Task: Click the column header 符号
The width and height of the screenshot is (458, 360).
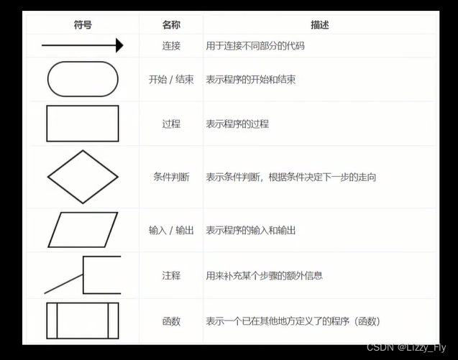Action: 83,25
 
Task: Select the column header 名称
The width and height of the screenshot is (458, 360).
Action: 171,25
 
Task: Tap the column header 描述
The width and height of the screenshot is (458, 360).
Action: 320,25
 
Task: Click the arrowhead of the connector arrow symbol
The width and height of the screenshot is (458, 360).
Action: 119,46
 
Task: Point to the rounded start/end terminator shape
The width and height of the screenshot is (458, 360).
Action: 83,79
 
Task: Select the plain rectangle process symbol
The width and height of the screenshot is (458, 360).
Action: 83,124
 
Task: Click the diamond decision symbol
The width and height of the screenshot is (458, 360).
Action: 83,177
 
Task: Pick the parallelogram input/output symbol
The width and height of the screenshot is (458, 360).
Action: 83,230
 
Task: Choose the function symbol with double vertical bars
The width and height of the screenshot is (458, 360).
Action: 83,320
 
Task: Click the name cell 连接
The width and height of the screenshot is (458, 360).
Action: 171,46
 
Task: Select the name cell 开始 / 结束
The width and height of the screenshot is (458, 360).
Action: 171,79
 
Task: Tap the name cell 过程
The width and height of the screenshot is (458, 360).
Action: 171,124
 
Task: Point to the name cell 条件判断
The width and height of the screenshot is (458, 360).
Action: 171,177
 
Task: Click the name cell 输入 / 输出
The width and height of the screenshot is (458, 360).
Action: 171,230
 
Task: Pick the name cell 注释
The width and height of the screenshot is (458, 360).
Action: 171,275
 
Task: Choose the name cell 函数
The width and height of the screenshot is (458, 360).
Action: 171,320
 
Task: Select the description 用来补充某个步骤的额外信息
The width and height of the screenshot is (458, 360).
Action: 265,275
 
